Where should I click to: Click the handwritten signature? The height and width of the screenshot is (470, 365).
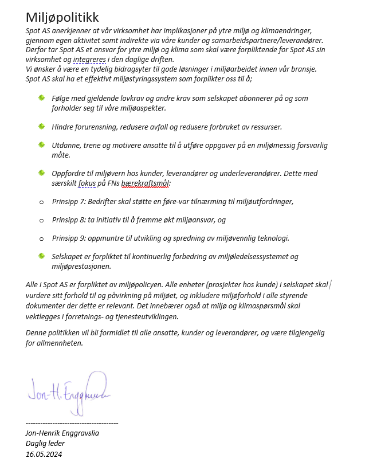[68, 389]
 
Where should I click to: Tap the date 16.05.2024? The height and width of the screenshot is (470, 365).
[44, 455]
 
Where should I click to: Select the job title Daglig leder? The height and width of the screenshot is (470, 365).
[45, 444]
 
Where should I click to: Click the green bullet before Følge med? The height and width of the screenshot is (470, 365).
[41, 98]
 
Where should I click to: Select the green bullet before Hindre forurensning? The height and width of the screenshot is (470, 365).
[41, 126]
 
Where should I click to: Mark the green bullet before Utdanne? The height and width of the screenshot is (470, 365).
[41, 144]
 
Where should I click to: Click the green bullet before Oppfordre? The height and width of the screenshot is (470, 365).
[41, 173]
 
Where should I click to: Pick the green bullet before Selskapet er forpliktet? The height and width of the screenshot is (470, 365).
[41, 256]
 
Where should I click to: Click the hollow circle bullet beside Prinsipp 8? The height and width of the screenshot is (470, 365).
[41, 220]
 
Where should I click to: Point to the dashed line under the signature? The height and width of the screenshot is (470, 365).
[72, 423]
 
